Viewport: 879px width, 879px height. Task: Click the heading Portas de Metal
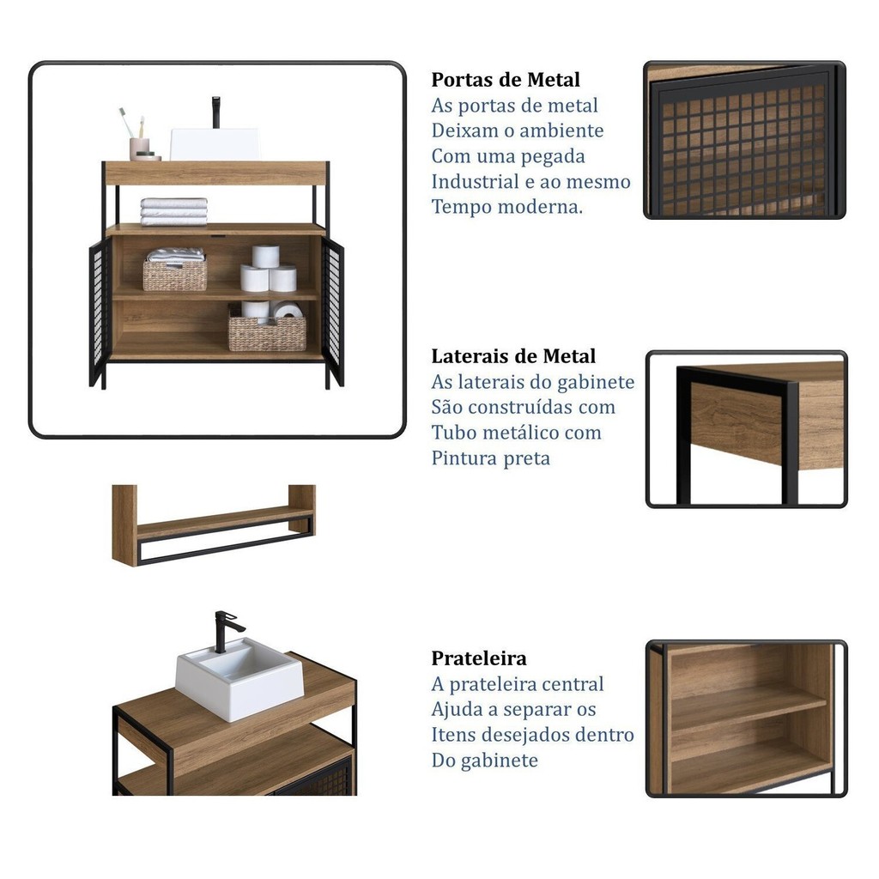505,80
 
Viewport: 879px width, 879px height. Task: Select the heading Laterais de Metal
513,356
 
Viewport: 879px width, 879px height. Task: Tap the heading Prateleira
479,658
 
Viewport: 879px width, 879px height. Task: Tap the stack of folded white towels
173,211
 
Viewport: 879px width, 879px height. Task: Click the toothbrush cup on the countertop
139,149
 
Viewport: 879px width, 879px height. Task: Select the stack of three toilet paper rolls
268,269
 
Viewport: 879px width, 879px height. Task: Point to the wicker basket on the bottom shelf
268,333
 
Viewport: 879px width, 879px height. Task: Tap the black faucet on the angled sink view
226,631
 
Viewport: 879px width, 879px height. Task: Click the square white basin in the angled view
240,679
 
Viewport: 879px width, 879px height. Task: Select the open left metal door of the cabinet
100,312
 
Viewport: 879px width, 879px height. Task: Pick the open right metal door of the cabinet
333,312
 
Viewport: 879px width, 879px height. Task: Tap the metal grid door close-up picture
744,140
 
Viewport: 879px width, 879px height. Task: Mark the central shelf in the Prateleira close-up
749,711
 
